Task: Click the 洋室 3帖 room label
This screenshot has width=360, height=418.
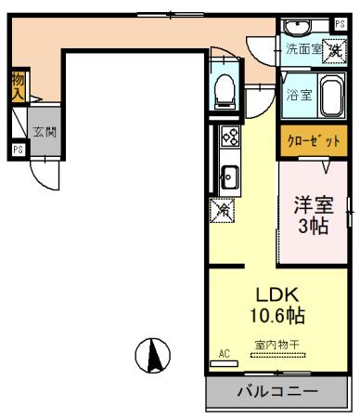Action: click(313, 216)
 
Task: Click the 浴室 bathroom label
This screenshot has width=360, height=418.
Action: click(298, 95)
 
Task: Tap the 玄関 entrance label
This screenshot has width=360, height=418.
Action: click(45, 132)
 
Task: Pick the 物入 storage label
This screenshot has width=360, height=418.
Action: click(18, 87)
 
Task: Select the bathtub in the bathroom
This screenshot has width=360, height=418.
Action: click(331, 93)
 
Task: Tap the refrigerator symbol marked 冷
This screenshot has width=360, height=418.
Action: click(224, 212)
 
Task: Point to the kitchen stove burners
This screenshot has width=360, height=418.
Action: click(229, 138)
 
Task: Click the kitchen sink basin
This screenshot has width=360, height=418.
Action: click(230, 174)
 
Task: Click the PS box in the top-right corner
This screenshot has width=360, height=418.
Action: click(341, 22)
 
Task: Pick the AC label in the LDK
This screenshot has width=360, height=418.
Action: click(224, 354)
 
